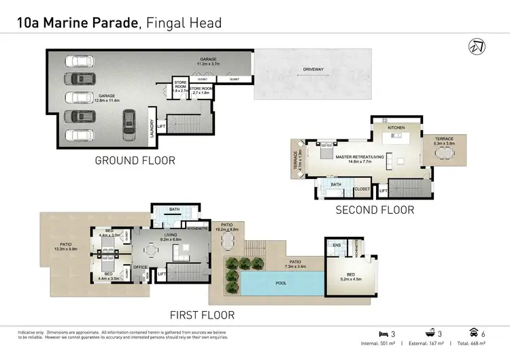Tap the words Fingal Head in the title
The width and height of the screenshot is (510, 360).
pos(184,24)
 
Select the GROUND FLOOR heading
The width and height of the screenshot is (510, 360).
pos(135,161)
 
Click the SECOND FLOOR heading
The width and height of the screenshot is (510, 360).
pos(375,210)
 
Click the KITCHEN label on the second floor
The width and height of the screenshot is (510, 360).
pos(396,127)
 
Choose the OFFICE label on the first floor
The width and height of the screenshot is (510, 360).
pos(141,267)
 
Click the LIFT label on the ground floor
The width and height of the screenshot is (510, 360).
pos(161,126)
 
